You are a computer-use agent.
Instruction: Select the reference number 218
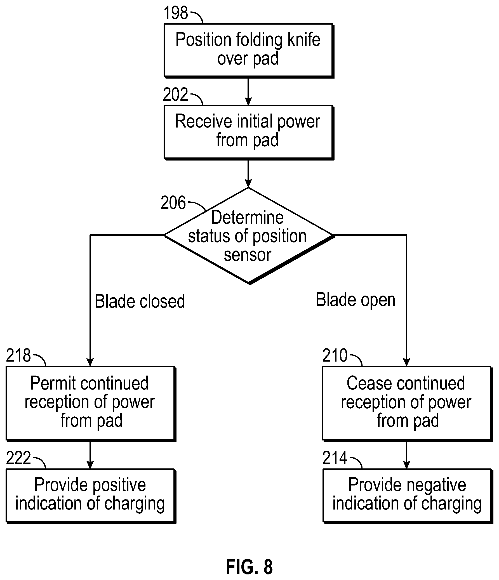point(18,355)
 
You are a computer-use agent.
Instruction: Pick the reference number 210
point(335,355)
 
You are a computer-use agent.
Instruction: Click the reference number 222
point(18,458)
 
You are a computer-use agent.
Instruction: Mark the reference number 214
point(335,458)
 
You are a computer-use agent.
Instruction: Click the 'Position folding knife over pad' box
point(249,51)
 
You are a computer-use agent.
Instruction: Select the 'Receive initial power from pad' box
point(249,132)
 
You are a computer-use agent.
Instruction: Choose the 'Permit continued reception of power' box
point(91,404)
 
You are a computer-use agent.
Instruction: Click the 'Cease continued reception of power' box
point(408,404)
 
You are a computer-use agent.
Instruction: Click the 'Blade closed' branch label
point(140,301)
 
